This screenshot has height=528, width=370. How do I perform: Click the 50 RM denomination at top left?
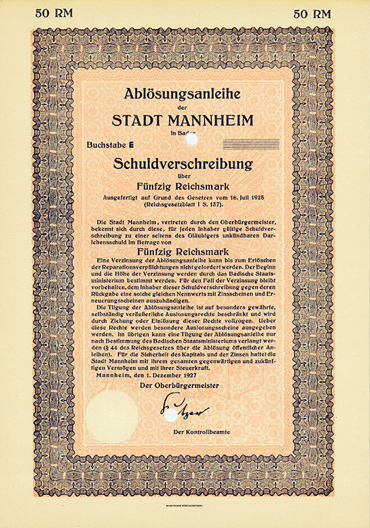coord(54,13)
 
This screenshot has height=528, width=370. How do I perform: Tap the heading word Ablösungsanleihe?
coord(185,94)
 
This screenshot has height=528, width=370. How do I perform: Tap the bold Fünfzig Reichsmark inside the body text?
coord(185,252)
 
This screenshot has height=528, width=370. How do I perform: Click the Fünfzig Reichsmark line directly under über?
coord(185,188)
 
